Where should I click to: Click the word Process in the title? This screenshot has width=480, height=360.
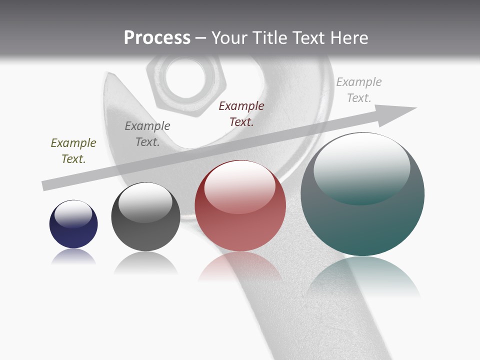[157, 38]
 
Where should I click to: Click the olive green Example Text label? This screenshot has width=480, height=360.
[73, 151]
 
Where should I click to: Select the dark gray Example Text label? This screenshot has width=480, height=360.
[147, 134]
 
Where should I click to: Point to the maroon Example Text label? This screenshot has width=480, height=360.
[241, 114]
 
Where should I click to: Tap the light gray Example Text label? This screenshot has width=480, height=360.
[359, 90]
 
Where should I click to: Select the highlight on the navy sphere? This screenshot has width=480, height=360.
[73, 213]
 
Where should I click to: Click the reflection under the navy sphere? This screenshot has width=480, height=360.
[73, 257]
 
